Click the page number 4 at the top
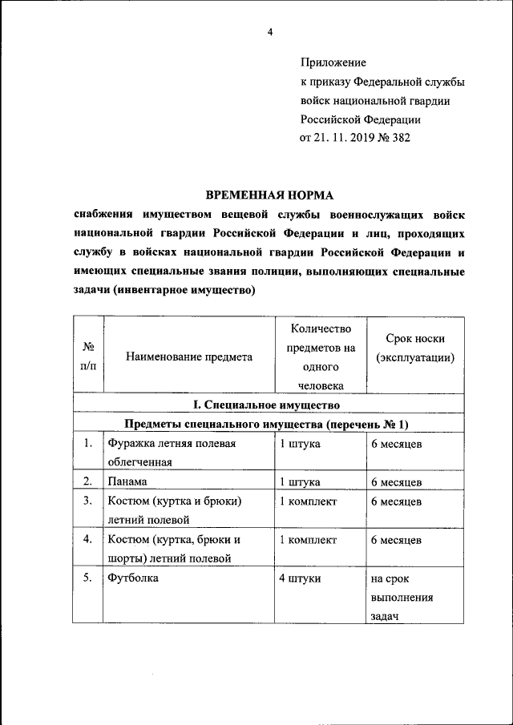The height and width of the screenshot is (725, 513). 270,31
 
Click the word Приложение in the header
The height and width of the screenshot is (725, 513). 333,62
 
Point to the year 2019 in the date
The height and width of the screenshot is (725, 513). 353,138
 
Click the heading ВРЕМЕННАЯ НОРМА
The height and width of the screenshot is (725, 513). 269,195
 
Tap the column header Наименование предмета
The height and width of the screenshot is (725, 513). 189,357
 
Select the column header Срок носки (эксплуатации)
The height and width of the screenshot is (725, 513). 415,348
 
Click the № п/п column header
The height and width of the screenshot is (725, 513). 88,357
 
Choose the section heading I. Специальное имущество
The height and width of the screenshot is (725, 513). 269,406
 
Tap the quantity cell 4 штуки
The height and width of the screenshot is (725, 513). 300,578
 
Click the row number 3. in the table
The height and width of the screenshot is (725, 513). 87,501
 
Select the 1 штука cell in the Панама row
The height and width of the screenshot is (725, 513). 300,482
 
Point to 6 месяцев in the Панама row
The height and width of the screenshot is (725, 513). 396,482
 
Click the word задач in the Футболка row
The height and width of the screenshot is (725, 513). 385,617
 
